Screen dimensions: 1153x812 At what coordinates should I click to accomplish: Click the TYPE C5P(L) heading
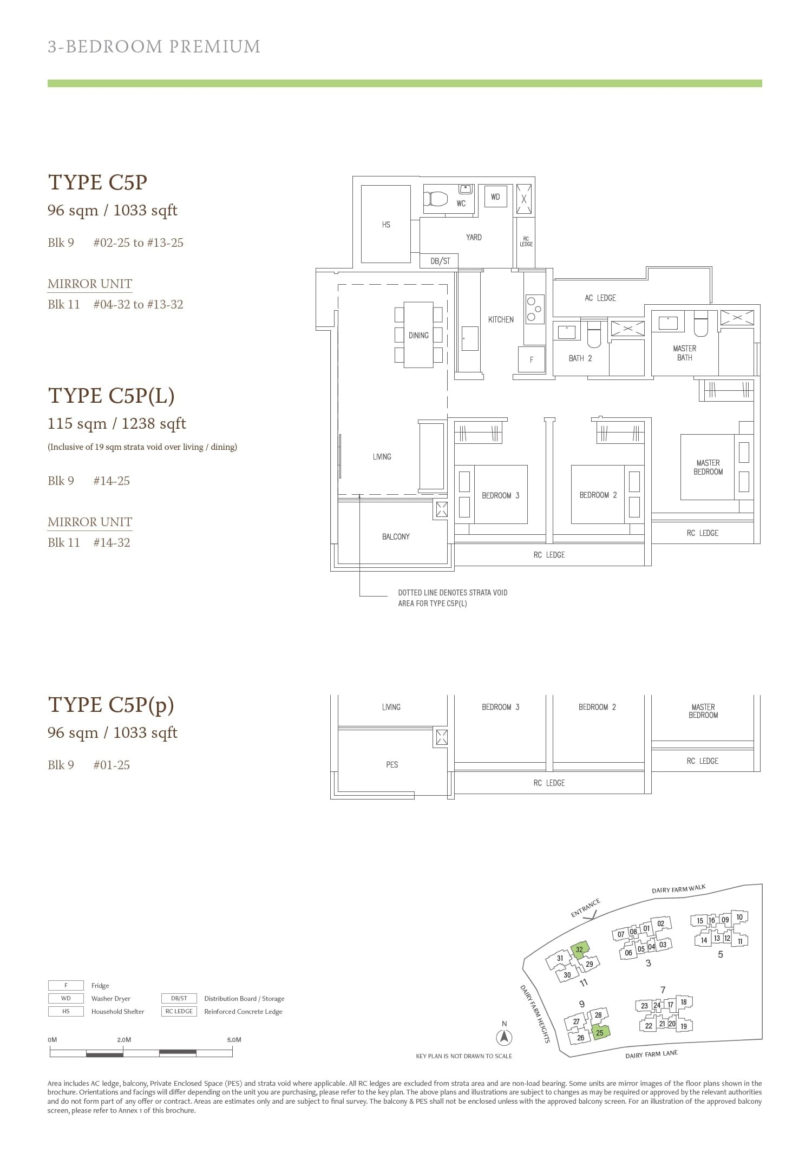point(111,396)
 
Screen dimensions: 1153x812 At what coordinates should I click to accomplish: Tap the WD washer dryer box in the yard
point(495,197)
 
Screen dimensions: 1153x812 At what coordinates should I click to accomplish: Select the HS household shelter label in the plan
point(386,225)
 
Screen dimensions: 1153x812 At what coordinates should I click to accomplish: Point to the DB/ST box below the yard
point(440,261)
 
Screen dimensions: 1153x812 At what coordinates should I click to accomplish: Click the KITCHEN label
point(501,319)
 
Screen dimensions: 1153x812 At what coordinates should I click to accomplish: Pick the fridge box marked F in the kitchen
point(531,359)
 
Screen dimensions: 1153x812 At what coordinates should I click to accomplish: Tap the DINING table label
point(418,336)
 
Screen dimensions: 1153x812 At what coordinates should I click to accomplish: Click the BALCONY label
point(396,536)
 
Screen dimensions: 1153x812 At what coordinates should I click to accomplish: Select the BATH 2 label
point(580,358)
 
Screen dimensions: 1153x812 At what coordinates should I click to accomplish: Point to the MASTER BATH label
point(684,353)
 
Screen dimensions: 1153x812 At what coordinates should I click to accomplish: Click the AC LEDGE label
point(600,298)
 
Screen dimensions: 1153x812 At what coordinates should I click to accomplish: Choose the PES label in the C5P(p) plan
point(392,764)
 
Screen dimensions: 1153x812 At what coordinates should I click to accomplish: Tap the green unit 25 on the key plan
point(600,1032)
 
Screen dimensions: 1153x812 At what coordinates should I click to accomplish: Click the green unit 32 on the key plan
point(579,949)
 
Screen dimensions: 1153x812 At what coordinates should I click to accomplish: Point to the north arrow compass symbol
point(504,1037)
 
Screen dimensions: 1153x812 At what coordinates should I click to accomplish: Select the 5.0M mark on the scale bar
point(234,1040)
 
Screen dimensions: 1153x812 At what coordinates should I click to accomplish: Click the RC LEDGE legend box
point(179,1011)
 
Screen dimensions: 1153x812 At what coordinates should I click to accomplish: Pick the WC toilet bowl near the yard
point(436,198)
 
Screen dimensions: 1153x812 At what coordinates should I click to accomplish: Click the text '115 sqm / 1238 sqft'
point(116,423)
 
